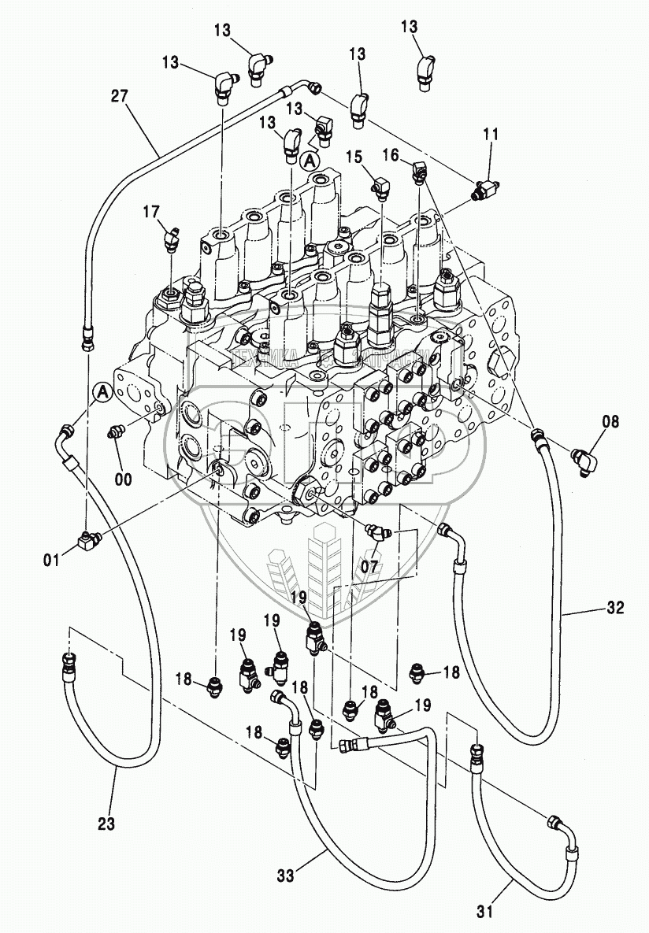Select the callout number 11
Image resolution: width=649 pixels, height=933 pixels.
coord(491,135)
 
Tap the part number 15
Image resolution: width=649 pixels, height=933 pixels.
coord(369,157)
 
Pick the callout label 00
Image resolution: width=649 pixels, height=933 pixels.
coord(122,478)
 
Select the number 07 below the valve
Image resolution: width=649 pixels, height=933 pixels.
coord(370,565)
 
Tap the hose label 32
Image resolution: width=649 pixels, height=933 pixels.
coord(616,608)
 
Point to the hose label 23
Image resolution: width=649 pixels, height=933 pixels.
coord(106,824)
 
